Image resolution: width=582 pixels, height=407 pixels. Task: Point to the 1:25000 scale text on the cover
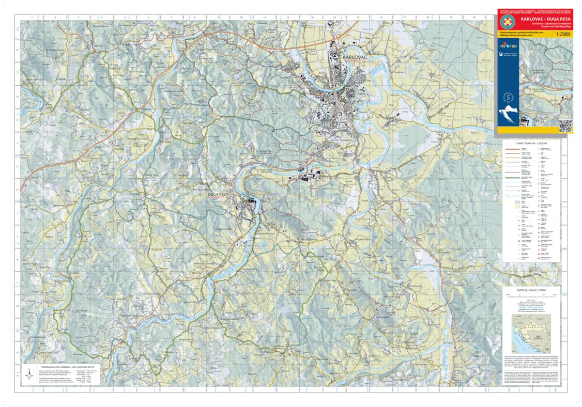564,35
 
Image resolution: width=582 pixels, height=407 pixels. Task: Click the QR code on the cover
565,126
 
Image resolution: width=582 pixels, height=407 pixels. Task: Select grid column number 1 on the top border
32,17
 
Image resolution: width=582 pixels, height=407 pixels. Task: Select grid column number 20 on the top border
473,17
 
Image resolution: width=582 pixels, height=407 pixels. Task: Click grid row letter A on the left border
18,29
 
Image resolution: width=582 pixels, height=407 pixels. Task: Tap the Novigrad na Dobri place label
139,138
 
